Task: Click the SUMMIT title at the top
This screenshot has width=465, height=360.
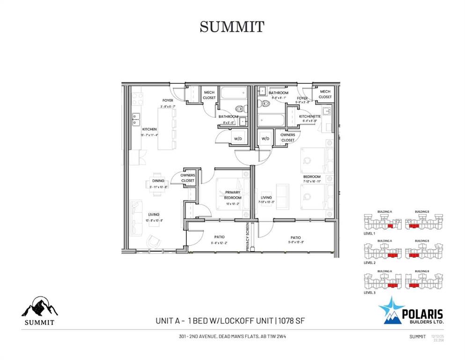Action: (x=232, y=27)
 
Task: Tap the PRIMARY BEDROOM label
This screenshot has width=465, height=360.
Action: (x=233, y=195)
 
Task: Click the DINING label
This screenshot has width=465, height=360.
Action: (x=158, y=181)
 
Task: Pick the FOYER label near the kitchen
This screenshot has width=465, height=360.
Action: (x=168, y=100)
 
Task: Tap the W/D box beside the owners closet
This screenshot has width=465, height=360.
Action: (x=266, y=139)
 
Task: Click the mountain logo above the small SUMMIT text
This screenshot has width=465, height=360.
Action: (x=39, y=307)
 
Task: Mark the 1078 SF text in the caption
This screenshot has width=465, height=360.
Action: (x=293, y=321)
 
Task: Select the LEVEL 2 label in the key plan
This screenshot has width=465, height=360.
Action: (x=369, y=263)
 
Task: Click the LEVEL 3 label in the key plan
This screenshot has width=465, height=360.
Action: (x=369, y=292)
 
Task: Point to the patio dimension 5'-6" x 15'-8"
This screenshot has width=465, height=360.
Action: (x=295, y=242)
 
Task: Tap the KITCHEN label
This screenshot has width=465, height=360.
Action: (x=149, y=129)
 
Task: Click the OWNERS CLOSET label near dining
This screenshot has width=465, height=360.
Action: (x=188, y=178)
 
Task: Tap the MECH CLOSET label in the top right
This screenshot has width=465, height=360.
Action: (x=325, y=94)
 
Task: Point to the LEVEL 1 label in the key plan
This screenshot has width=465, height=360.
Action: (x=369, y=233)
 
